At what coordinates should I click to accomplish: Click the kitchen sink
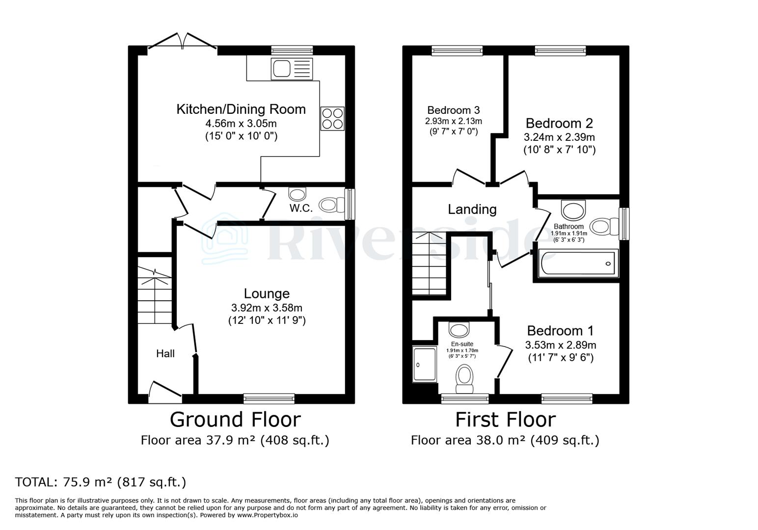point(291,69)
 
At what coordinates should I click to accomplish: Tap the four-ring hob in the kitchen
point(332,118)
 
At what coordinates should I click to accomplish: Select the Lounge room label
point(267,293)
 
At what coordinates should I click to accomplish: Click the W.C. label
point(301,208)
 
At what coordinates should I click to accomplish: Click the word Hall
point(165,353)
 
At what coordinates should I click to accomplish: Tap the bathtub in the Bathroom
point(577,264)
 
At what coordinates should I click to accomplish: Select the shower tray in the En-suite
point(425,364)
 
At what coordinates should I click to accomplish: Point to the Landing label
point(472,210)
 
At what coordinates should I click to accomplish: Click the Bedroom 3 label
point(453,110)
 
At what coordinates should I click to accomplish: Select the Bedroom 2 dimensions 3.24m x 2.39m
point(559,137)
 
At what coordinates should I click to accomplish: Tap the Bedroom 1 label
point(560,330)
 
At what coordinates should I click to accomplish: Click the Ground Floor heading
point(235,420)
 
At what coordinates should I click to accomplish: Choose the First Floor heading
point(505,420)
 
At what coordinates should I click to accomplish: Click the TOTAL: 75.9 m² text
point(101,482)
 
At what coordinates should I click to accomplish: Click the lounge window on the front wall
point(269,398)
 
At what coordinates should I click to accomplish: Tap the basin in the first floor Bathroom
point(573,210)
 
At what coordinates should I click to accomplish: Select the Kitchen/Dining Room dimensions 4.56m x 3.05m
point(241,123)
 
